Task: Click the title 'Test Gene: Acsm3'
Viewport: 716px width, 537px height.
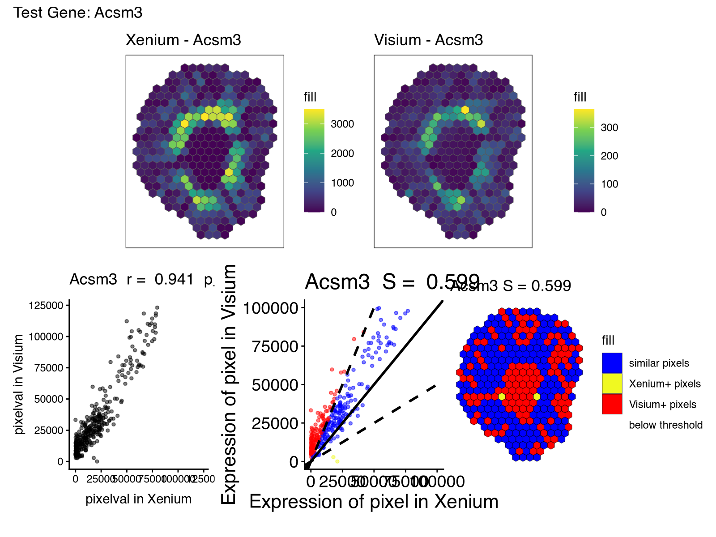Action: (78, 13)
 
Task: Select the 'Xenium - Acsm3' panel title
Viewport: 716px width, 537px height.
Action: (183, 40)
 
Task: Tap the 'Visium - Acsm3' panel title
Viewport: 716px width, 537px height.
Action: (429, 40)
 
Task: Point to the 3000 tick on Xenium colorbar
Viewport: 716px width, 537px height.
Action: (342, 124)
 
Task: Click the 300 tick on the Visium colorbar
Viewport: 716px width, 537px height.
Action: (609, 128)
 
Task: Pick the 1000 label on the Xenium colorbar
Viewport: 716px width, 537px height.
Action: (342, 183)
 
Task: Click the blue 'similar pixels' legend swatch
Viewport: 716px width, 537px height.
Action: (612, 363)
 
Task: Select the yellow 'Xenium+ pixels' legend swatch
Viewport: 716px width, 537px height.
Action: (612, 384)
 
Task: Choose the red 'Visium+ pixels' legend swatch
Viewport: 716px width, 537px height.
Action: (612, 404)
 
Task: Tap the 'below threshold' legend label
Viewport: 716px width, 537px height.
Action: (665, 425)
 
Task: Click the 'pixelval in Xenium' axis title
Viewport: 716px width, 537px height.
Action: (138, 499)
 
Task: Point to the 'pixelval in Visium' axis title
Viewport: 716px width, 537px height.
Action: (19, 384)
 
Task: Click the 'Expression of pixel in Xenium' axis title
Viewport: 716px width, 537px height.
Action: (374, 502)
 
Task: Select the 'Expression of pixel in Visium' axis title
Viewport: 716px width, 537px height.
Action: (230, 384)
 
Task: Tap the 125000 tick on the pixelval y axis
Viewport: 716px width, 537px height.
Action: (46, 306)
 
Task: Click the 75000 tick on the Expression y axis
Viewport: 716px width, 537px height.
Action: (275, 346)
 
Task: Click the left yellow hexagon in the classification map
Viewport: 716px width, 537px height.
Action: (502, 396)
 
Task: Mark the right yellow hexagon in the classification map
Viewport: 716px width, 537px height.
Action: (537, 396)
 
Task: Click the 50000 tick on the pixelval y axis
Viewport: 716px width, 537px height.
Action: (49, 399)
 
